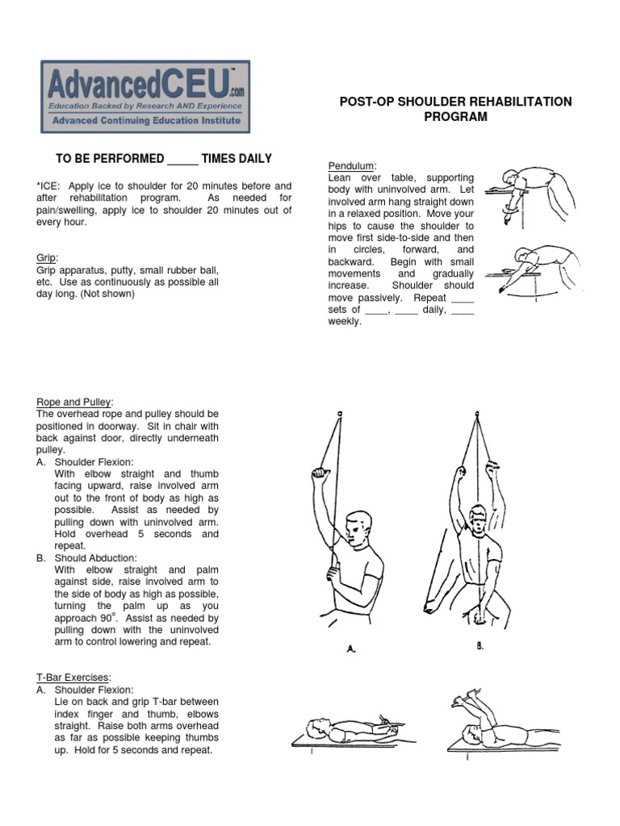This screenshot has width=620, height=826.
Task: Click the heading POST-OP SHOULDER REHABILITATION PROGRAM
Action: point(455,109)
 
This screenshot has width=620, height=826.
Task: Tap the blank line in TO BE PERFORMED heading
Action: point(183,160)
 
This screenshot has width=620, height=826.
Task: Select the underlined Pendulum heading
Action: point(346,165)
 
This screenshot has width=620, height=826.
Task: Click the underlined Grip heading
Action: point(45,257)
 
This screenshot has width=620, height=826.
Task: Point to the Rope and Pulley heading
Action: point(74,402)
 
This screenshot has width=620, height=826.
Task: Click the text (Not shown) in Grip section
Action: point(108,294)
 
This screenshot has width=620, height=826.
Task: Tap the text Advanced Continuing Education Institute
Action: point(145,120)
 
